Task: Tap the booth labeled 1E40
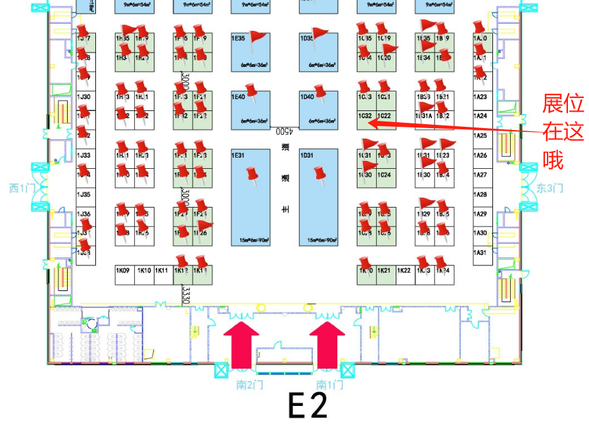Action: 250,108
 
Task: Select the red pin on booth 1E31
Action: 250,175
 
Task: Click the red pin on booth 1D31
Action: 319,174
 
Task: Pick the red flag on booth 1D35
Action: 320,35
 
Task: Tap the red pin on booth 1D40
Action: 320,92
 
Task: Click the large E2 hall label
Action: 308,407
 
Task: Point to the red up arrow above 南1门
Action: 327,347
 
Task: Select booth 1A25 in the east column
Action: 481,135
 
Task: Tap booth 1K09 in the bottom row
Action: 123,271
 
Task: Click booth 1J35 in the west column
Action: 83,194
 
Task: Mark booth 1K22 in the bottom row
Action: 404,271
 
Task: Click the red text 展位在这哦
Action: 562,131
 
